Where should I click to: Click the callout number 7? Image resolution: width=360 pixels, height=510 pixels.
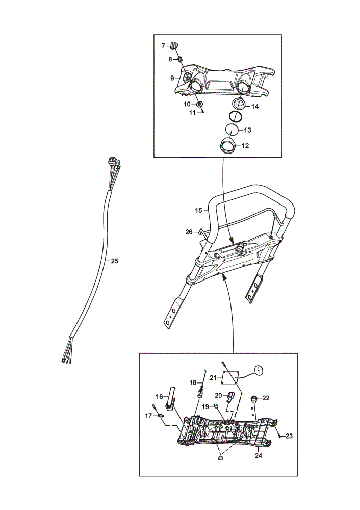pyautogui.click(x=163, y=46)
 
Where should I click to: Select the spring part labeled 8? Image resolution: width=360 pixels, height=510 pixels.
pyautogui.click(x=180, y=59)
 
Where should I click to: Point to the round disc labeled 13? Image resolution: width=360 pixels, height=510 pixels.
pyautogui.click(x=232, y=130)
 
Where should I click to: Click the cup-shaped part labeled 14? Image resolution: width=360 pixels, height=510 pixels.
pyautogui.click(x=240, y=104)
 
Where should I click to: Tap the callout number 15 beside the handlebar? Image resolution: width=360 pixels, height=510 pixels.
pyautogui.click(x=198, y=211)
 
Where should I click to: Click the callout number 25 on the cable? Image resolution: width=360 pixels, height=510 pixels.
pyautogui.click(x=114, y=261)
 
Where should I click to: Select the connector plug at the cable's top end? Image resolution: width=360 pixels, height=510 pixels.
pyautogui.click(x=114, y=161)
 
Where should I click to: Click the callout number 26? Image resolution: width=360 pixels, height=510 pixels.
pyautogui.click(x=189, y=232)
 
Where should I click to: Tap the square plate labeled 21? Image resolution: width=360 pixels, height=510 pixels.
pyautogui.click(x=231, y=377)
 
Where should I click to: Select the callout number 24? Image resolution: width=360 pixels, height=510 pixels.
pyautogui.click(x=258, y=455)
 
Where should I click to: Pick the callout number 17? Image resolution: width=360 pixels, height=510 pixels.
pyautogui.click(x=148, y=416)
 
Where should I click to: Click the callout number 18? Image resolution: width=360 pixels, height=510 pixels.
pyautogui.click(x=193, y=383)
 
